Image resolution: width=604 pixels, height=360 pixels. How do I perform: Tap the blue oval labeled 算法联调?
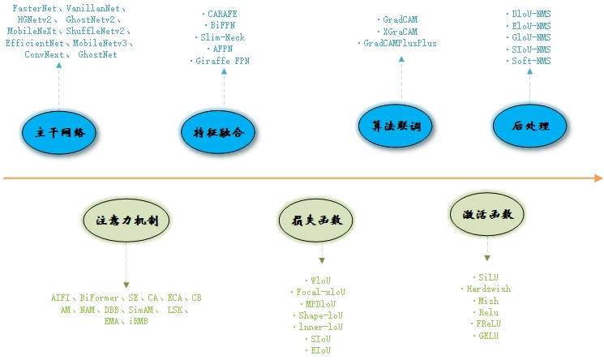pyautogui.click(x=396, y=126)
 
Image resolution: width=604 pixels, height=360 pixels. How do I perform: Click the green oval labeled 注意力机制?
pyautogui.click(x=126, y=220)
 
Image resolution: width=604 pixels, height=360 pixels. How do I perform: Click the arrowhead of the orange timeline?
pyautogui.click(x=598, y=178)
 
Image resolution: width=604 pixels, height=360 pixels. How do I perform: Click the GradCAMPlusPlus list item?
pyautogui.click(x=401, y=42)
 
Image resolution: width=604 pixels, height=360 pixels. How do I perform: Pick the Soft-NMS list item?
pyautogui.click(x=532, y=60)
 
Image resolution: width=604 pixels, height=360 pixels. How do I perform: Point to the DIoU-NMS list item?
pyautogui.click(x=532, y=14)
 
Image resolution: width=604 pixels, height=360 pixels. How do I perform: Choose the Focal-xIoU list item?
pyautogui.click(x=319, y=292)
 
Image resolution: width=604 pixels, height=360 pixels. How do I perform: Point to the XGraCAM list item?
pyautogui.click(x=401, y=31)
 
